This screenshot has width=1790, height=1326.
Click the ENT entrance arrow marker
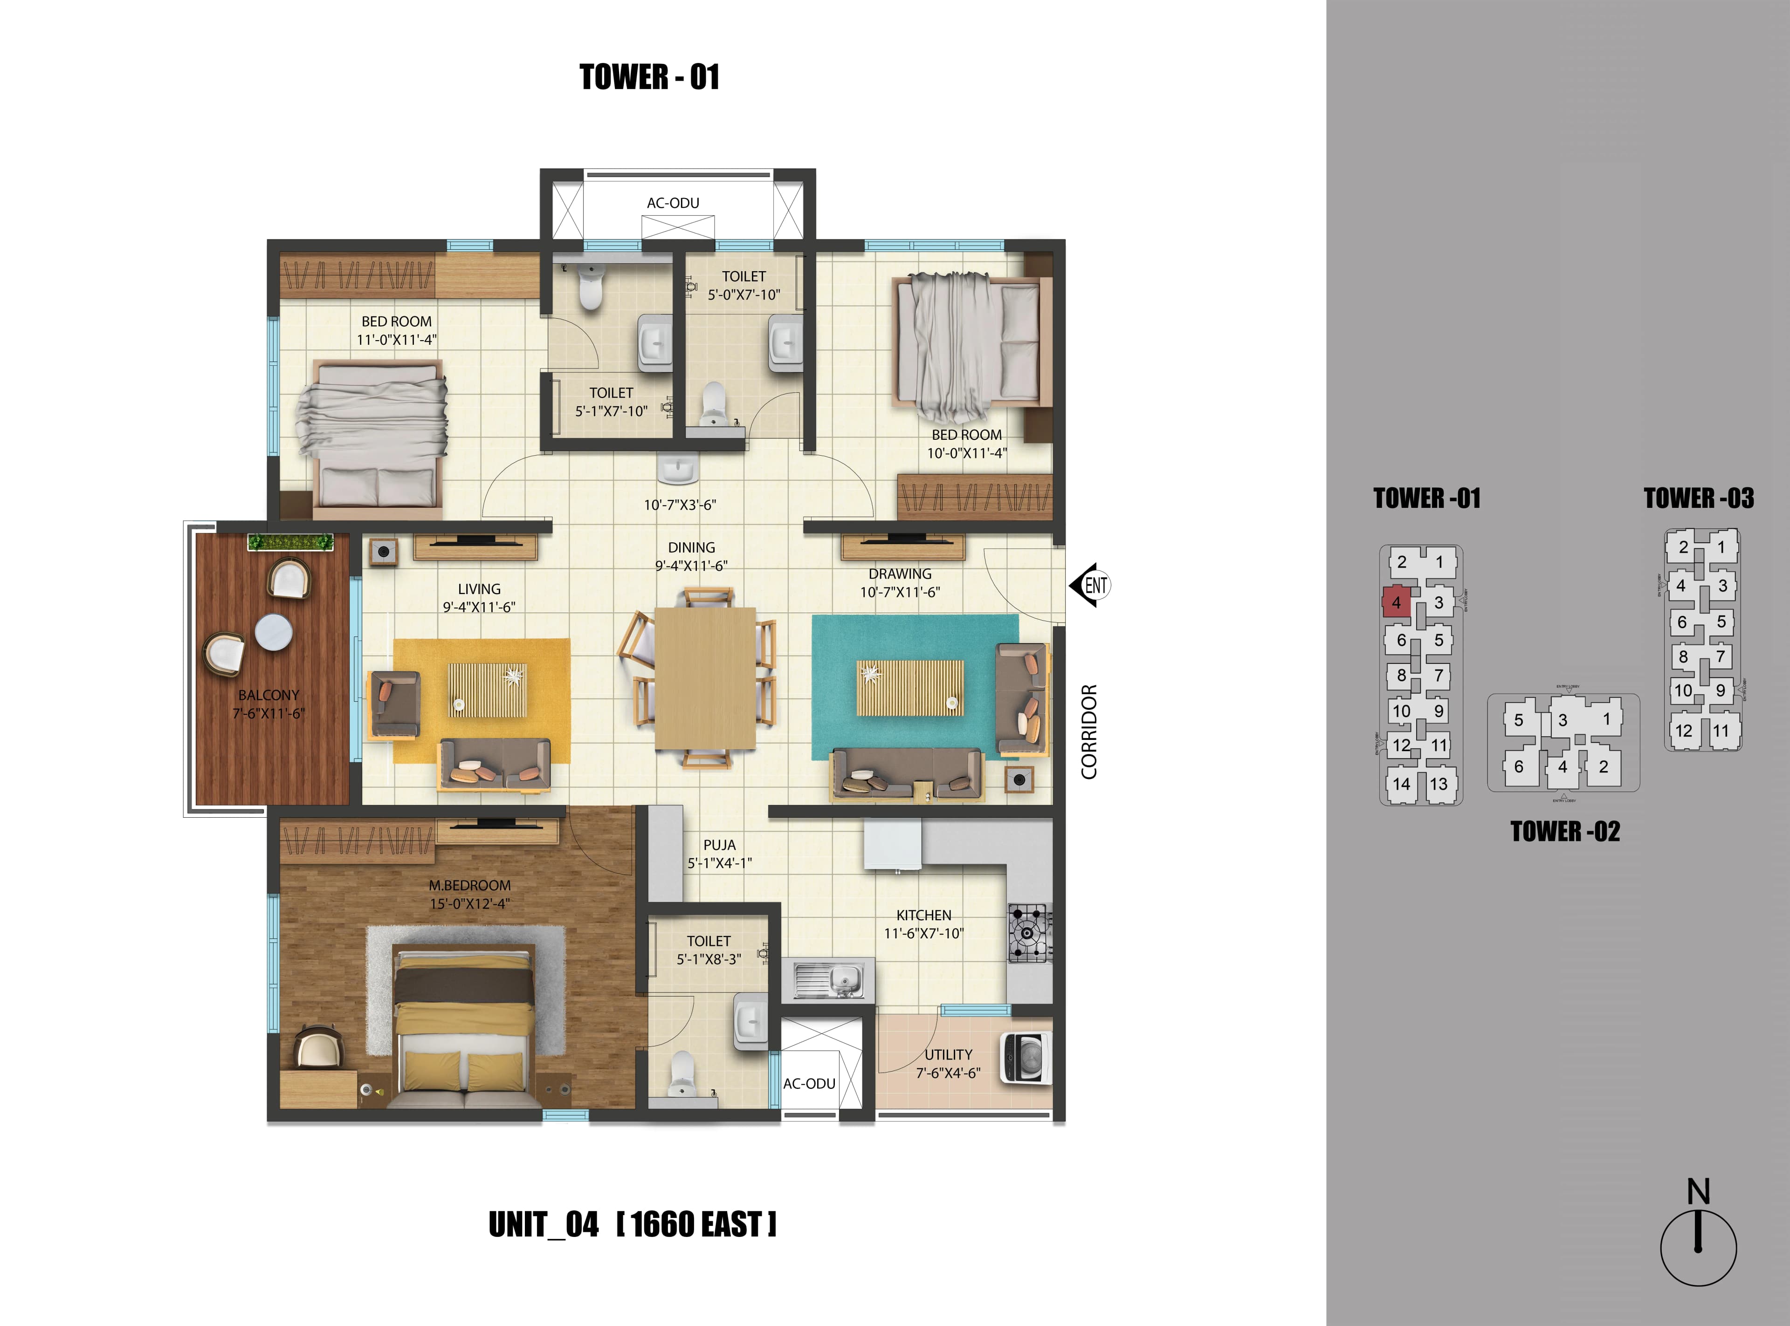click(1090, 585)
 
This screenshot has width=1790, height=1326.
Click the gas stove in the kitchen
click(1030, 933)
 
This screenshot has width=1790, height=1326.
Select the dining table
click(705, 678)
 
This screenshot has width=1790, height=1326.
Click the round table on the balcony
click(273, 632)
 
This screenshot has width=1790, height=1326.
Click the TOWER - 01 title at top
click(649, 77)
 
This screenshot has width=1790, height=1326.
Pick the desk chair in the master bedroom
click(317, 1049)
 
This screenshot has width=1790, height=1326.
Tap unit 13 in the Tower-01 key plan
click(1438, 784)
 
